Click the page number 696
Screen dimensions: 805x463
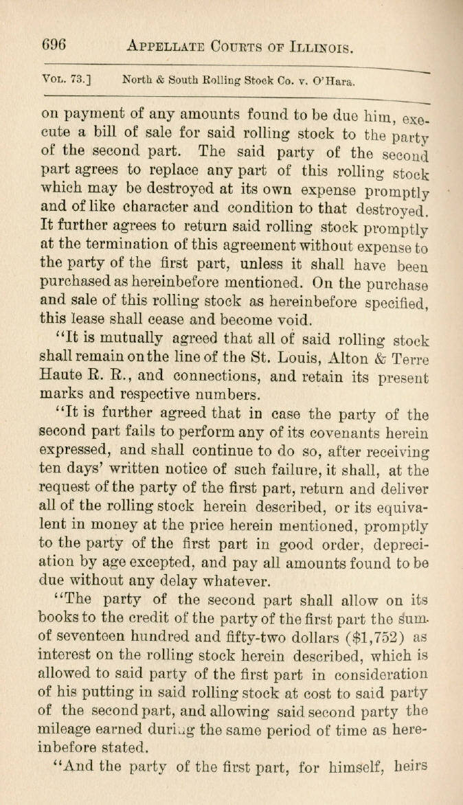[x=54, y=45]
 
